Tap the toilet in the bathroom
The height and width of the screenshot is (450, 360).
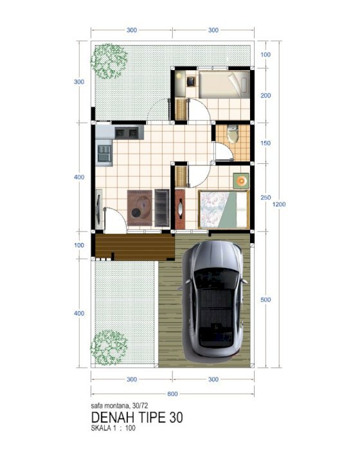pyautogui.click(x=232, y=134)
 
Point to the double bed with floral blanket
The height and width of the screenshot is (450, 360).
pyautogui.click(x=223, y=209)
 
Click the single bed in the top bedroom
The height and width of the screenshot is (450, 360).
pyautogui.click(x=224, y=85)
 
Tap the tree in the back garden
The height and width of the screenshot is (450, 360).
pyautogui.click(x=109, y=61)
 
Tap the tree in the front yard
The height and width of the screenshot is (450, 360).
pyautogui.click(x=109, y=348)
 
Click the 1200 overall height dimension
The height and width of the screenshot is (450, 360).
pyautogui.click(x=279, y=204)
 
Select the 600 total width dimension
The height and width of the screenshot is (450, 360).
pyautogui.click(x=172, y=393)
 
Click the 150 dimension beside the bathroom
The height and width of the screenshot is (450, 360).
pyautogui.click(x=265, y=143)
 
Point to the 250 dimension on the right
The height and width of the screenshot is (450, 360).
pyautogui.click(x=265, y=197)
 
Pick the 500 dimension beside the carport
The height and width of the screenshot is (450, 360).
pyautogui.click(x=265, y=300)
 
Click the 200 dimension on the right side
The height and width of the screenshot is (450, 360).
pyautogui.click(x=265, y=95)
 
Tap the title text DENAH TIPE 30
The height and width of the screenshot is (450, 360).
pyautogui.click(x=137, y=417)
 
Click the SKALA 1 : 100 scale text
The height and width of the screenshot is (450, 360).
pyautogui.click(x=113, y=428)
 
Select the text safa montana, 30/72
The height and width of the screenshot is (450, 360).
pyautogui.click(x=120, y=406)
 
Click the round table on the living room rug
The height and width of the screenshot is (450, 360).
pyautogui.click(x=136, y=213)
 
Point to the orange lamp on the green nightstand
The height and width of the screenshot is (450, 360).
pyautogui.click(x=241, y=181)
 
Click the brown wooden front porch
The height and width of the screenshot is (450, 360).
pyautogui.click(x=135, y=247)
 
